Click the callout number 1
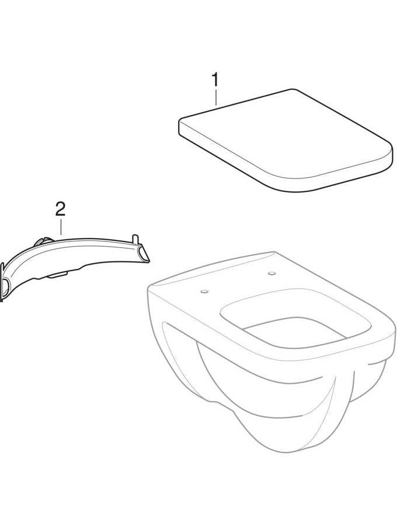tap(215, 80)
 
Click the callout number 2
tap(60, 209)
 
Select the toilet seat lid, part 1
tap(284, 141)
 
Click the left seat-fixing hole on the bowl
tap(204, 292)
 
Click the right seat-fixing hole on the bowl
tap(271, 273)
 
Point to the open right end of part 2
tap(144, 254)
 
